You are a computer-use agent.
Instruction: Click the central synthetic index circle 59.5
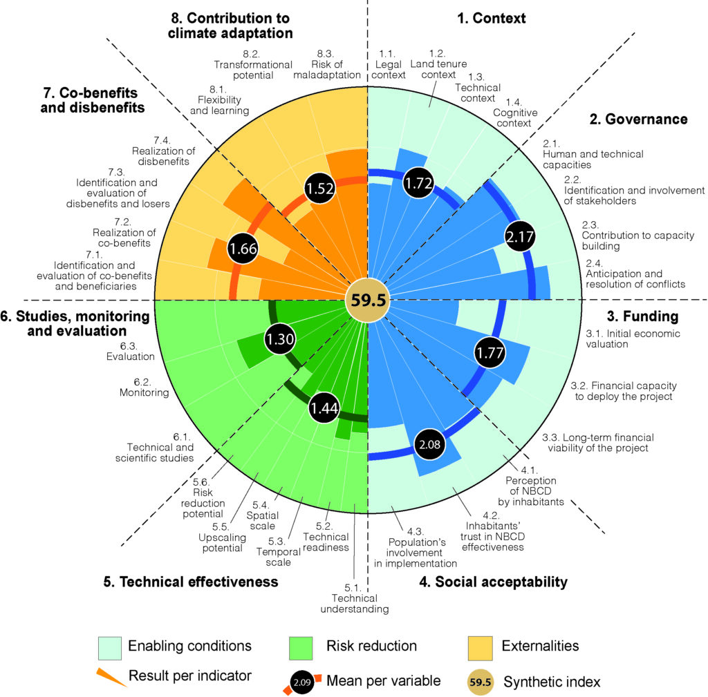(367, 299)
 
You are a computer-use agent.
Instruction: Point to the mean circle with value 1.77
(490, 353)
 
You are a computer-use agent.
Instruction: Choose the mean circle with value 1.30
(281, 339)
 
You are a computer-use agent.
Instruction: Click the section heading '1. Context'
(492, 19)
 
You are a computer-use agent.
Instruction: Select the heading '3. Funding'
(642, 317)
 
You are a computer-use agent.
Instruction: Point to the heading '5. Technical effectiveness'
(199, 582)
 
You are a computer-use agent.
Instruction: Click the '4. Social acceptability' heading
(494, 582)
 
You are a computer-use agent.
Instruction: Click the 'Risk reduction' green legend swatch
(301, 647)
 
